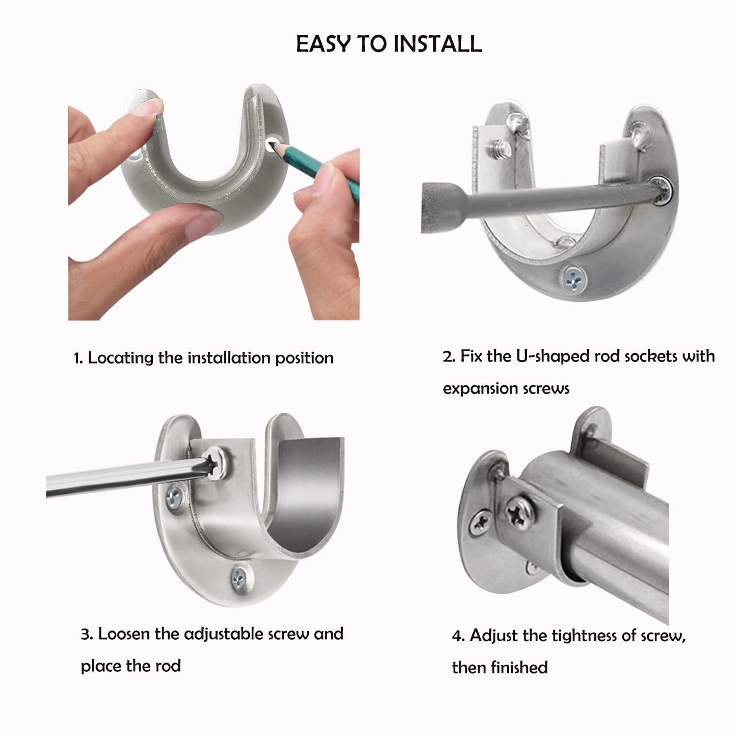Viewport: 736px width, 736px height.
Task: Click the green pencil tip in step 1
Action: click(273, 145)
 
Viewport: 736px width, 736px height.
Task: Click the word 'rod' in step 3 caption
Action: click(168, 666)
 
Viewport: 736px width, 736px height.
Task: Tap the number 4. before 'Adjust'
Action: click(458, 636)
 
